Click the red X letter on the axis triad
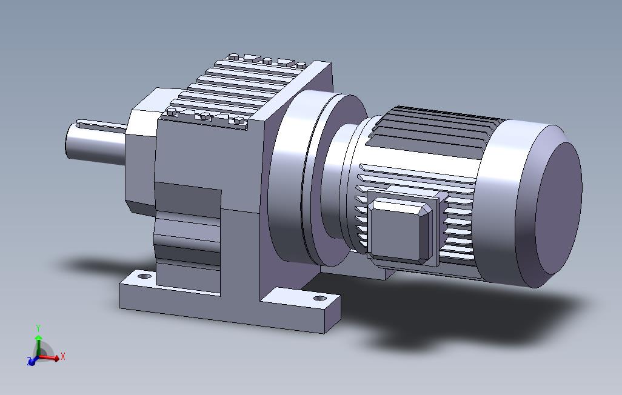pos(62,356)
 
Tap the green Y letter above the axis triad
pos(38,328)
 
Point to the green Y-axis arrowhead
pos(38,337)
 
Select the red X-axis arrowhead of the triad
pos(57,358)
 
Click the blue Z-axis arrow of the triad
pos(32,361)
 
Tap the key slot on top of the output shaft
pos(101,125)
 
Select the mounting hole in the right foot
pos(319,298)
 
